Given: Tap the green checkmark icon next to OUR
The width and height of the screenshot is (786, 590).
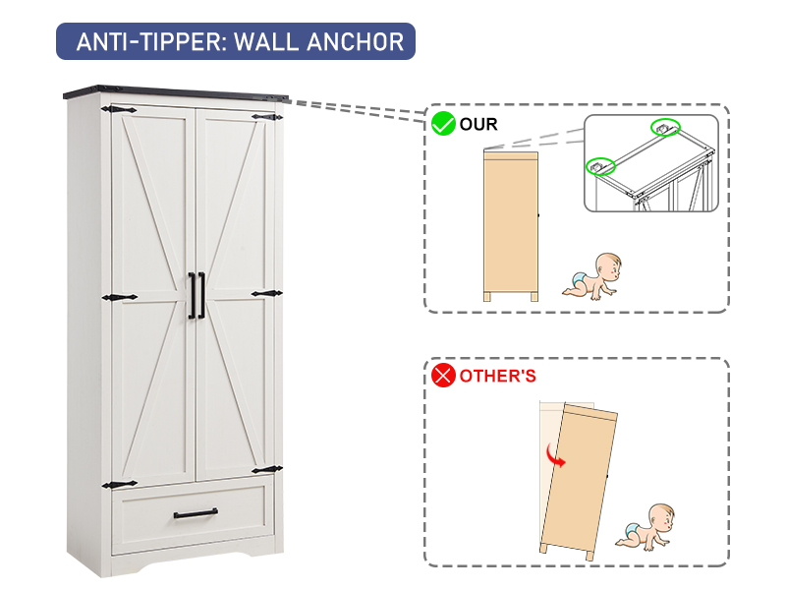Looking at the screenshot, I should point(443,124).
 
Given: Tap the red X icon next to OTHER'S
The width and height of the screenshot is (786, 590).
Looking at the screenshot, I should point(444,376).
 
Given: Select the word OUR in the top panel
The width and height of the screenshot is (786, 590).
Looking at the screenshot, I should point(479,124).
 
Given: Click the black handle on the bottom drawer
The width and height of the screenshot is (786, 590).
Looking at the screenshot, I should point(196,514).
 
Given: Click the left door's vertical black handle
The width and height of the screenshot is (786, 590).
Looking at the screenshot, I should point(191,295).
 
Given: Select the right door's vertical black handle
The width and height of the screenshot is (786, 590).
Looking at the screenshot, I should point(201,295).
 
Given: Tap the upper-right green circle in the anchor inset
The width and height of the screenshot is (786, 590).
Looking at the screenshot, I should point(665,128).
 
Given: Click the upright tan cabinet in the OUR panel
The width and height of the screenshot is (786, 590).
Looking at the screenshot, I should point(510,226).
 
